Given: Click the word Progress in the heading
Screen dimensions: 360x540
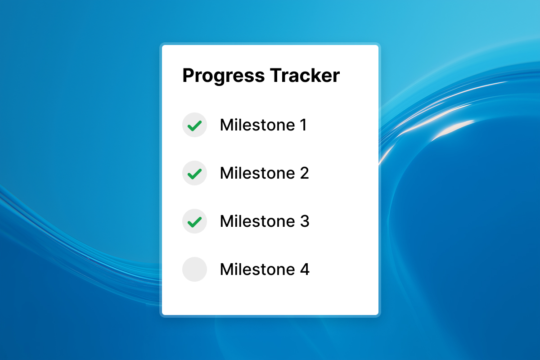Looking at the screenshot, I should (224, 76).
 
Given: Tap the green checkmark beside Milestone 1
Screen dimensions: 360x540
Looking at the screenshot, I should (194, 125).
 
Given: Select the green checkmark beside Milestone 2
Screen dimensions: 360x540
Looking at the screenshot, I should (194, 173).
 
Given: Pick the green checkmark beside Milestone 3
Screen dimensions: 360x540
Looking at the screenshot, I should (194, 221).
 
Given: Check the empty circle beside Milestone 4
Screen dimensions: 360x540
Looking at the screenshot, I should (194, 270).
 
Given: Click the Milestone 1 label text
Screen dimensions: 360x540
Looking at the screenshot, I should (263, 125).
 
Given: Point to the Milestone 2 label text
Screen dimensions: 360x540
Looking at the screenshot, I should (264, 173).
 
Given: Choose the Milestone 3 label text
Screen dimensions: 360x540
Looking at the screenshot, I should (264, 221).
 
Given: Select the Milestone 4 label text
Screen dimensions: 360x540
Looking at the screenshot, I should (264, 270).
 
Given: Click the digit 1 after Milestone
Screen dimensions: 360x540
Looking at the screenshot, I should (303, 125).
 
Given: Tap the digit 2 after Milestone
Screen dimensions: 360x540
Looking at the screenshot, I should (304, 173).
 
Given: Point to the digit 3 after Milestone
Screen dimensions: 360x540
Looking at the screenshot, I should (304, 221).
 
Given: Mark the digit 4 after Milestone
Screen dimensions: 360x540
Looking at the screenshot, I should (304, 270).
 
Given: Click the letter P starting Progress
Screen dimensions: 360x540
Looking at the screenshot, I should (188, 76).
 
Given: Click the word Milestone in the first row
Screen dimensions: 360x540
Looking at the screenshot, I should (257, 125).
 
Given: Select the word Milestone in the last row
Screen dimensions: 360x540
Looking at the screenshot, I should (257, 270).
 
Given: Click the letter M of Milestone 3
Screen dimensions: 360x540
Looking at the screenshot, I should (226, 221).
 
